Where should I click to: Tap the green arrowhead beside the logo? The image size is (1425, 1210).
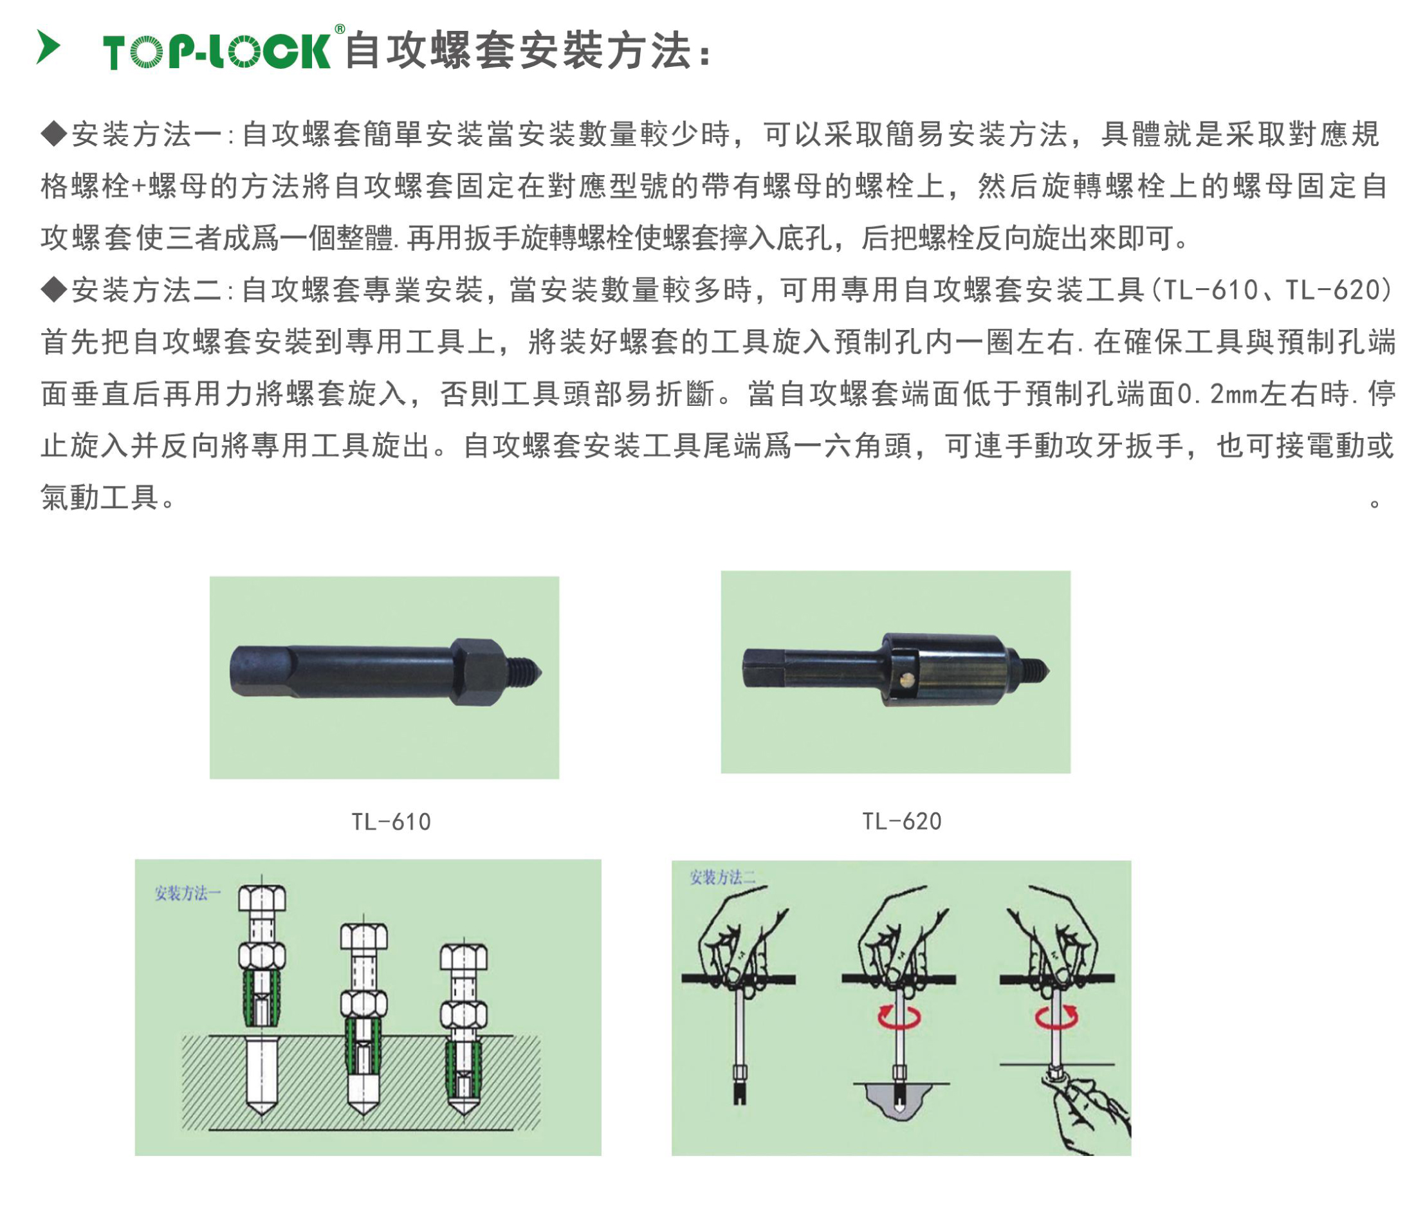(x=48, y=48)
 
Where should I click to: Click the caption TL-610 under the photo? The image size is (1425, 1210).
(x=391, y=821)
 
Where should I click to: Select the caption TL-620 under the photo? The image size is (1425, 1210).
(x=901, y=821)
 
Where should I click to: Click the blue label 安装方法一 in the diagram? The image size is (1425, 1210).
(x=187, y=893)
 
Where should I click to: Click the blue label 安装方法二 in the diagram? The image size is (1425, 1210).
(x=722, y=877)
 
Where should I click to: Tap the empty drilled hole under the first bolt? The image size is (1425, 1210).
(x=261, y=1076)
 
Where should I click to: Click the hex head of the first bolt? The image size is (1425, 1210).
(x=262, y=898)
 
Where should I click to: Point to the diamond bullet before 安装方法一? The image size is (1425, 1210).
(x=53, y=133)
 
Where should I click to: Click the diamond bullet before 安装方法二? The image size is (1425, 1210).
(x=53, y=289)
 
